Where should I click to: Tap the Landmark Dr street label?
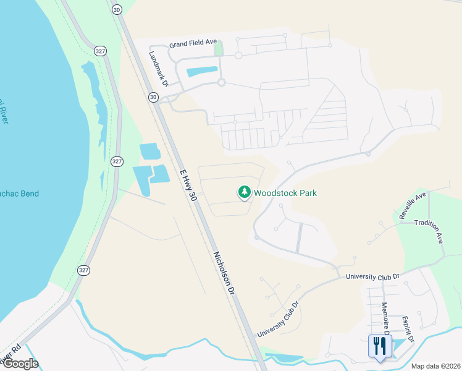(x=158, y=64)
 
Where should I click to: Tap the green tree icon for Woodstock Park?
(x=245, y=193)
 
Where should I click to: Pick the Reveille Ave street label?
(x=413, y=206)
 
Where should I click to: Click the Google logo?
(x=20, y=364)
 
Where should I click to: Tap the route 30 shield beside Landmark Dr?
(x=153, y=97)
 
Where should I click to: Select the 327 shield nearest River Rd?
(x=84, y=270)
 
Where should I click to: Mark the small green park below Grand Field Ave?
(x=219, y=48)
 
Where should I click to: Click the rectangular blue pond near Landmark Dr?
(x=202, y=71)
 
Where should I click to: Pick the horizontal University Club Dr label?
(x=373, y=276)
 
